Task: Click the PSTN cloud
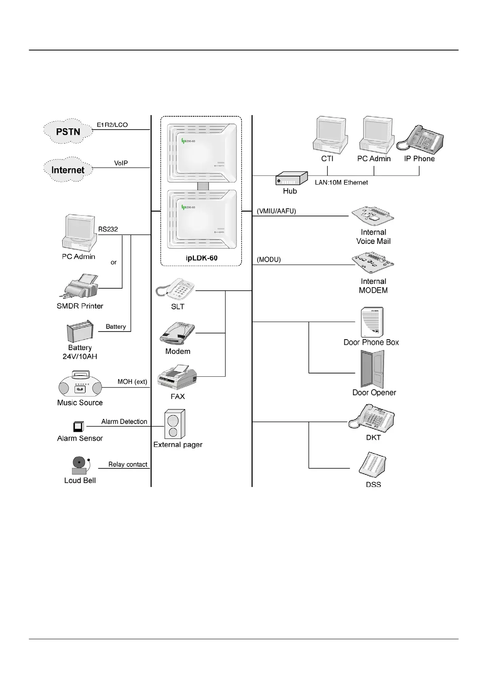coord(68,131)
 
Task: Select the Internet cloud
coord(68,170)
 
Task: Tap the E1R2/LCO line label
coord(112,125)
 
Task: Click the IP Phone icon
coord(420,140)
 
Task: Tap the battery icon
coord(80,332)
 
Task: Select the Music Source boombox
coord(80,384)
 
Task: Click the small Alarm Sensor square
coord(79,426)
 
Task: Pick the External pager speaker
coord(175,424)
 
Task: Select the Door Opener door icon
coord(372,369)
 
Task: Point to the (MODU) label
coord(269,260)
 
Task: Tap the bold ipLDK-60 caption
coord(202,258)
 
